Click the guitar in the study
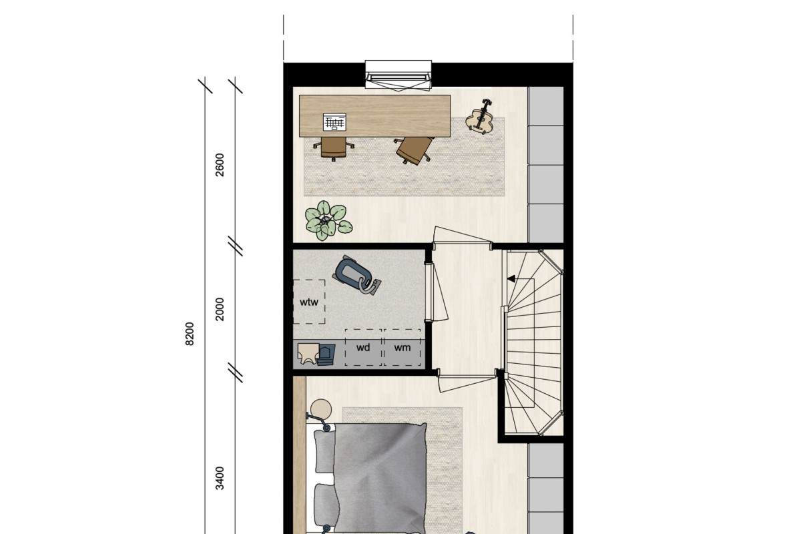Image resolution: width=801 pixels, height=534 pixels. pos(480,117)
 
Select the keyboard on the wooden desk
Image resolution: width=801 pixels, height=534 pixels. pos(334,122)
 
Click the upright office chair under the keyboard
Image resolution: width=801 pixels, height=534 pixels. pos(334,148)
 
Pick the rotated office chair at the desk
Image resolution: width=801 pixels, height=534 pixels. pos(413,150)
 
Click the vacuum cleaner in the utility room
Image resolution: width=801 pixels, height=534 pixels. pos(358,275)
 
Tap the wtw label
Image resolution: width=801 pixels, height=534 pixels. pos(308,302)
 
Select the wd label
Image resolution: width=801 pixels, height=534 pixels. pos(363,348)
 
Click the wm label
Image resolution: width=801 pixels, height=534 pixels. pos(403,348)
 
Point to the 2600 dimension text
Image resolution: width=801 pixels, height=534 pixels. pos(220,165)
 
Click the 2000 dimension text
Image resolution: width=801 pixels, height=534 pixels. pos(220,309)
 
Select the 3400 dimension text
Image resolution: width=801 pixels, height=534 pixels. pos(220,478)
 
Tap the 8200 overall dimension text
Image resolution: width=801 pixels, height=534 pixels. pos(190,334)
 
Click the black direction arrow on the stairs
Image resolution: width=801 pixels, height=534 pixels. pos(511,278)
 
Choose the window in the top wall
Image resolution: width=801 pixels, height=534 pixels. pos(398,75)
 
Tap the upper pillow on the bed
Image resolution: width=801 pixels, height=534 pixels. pos(324,451)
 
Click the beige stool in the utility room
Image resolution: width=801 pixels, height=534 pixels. pos(308,353)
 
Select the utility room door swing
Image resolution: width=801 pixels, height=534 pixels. pos(439,290)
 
